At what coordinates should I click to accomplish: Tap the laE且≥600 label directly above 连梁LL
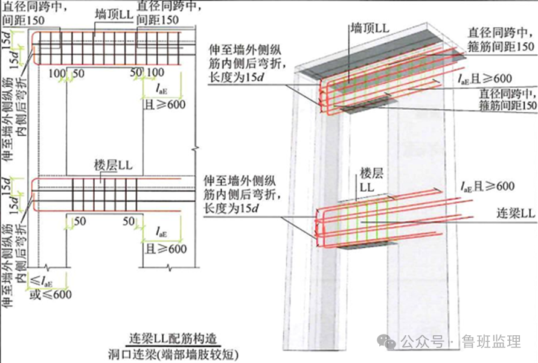pos(487,187)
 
